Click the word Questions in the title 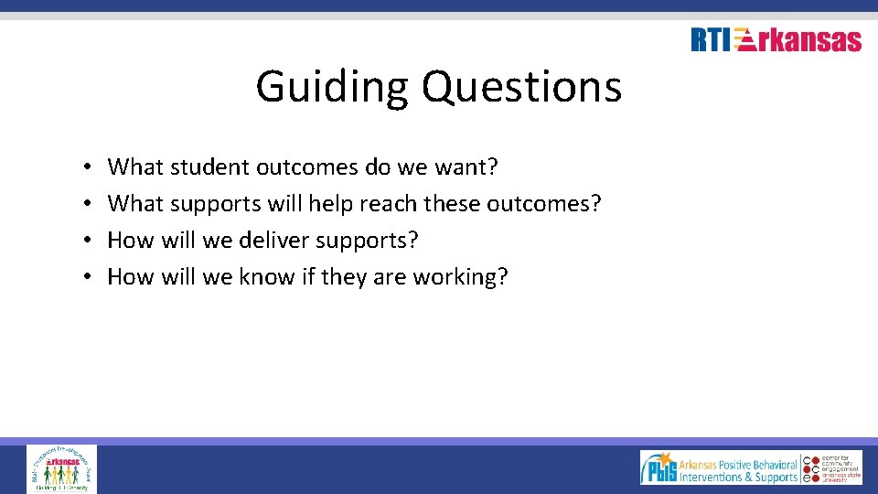520,88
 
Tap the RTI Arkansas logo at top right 776,40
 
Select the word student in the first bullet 210,167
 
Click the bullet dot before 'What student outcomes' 83,168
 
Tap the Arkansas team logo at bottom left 61,468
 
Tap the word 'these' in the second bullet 454,204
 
